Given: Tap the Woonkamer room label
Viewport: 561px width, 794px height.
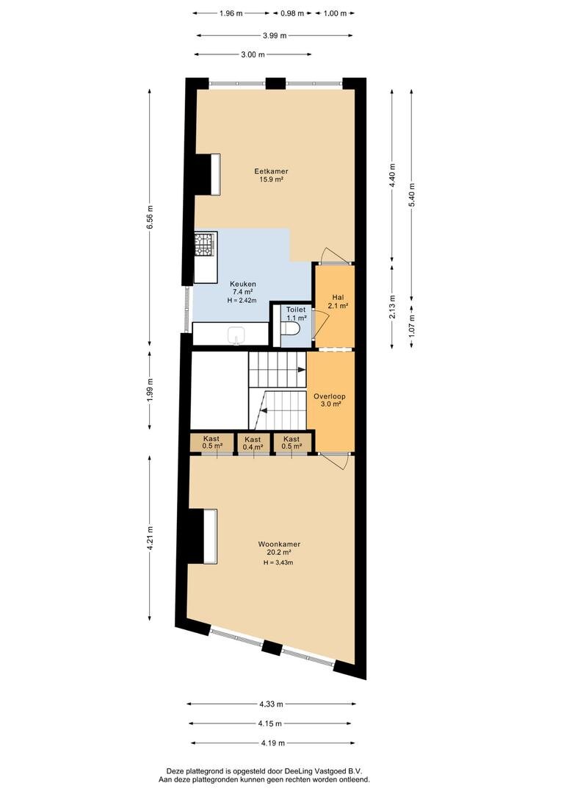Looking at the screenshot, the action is click(x=279, y=544).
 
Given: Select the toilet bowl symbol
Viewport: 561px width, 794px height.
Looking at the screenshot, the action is click(x=290, y=329).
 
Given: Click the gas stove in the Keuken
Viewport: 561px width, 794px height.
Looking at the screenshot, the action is click(x=206, y=244).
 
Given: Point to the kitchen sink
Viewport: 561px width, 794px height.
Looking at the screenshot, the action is click(x=236, y=335).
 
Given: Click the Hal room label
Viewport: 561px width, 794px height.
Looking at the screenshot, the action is click(x=338, y=297).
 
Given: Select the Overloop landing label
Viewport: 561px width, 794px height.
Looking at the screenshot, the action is click(x=329, y=396).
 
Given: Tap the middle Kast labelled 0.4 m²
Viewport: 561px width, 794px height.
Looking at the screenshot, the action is click(x=253, y=443).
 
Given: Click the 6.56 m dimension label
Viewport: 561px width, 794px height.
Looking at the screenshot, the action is click(x=150, y=218).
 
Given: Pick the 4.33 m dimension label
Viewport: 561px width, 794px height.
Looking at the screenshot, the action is click(x=271, y=704).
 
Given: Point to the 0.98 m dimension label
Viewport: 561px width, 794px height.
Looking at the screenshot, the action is click(x=292, y=14).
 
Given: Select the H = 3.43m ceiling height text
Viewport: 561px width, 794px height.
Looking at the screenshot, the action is click(x=278, y=562).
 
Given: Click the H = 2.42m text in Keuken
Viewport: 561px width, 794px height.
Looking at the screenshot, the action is click(x=242, y=300).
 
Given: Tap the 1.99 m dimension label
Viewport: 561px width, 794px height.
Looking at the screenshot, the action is click(x=150, y=390).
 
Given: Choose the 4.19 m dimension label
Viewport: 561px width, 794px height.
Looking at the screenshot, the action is click(x=272, y=743).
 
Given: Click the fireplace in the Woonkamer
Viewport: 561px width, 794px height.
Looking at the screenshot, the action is click(x=204, y=536).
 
